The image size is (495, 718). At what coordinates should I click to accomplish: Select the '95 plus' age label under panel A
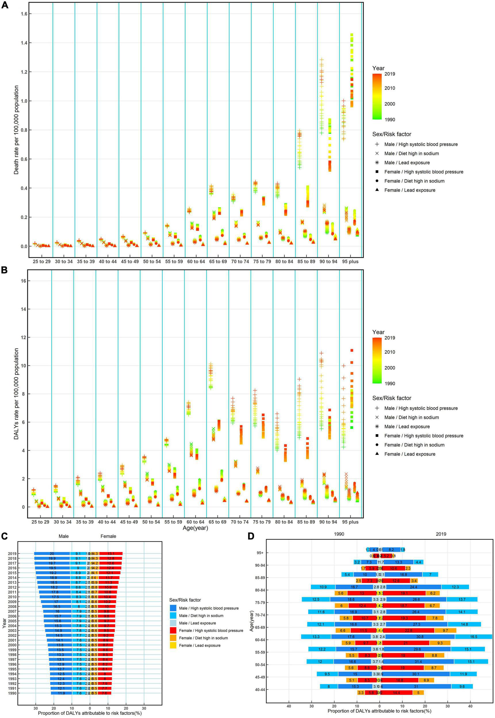click(350, 262)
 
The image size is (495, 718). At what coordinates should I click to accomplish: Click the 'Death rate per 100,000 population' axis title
click(16, 130)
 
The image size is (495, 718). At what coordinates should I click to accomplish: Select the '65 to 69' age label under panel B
click(217, 522)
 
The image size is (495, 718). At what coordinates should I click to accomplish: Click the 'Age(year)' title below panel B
click(195, 528)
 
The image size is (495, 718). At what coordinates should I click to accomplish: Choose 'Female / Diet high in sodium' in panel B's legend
click(414, 445)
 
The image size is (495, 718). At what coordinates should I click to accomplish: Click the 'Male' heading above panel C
click(64, 536)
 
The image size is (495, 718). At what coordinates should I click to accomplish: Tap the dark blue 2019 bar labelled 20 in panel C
click(52, 554)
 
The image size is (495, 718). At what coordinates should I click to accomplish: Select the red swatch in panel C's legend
click(173, 631)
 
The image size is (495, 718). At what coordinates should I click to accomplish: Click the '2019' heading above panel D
click(441, 534)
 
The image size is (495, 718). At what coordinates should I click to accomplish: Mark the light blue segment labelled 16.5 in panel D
click(474, 637)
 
